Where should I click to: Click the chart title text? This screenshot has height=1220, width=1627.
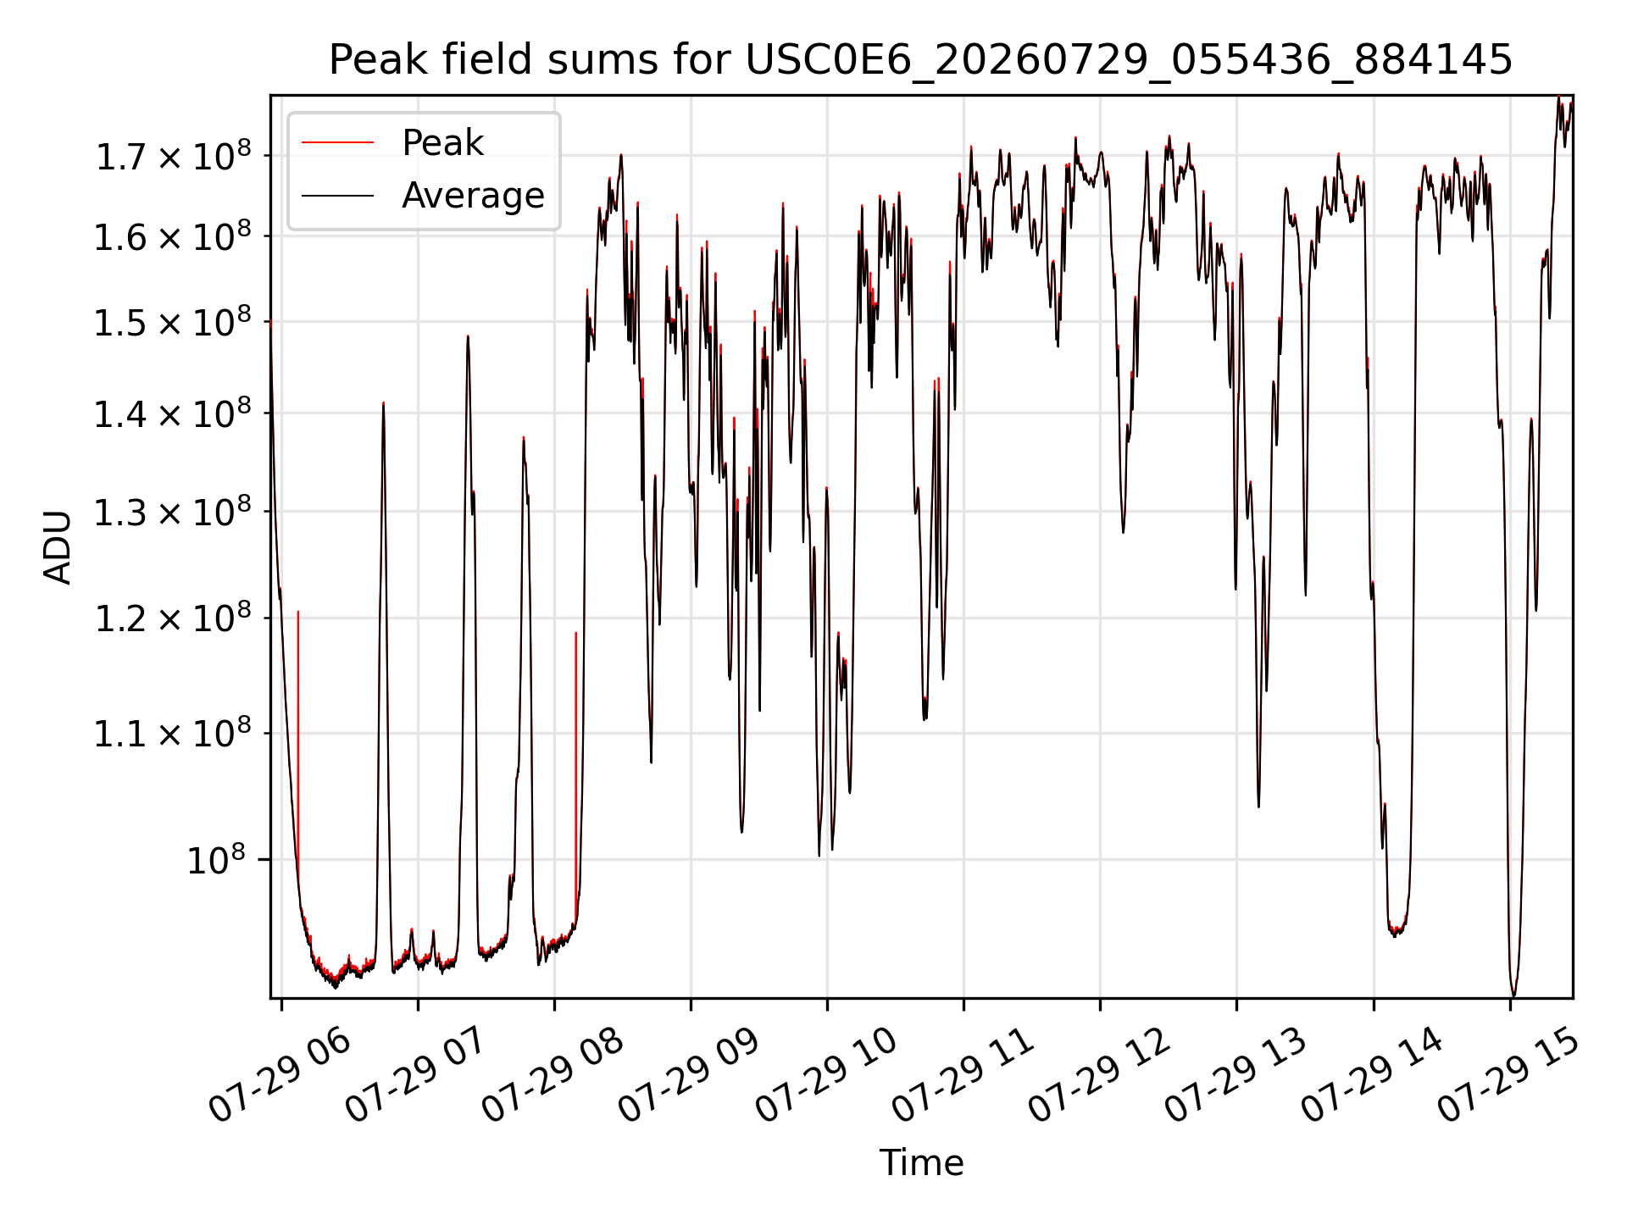(920, 60)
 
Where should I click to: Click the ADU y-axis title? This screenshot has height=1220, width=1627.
(58, 546)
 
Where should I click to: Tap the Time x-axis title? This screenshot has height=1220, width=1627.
(921, 1163)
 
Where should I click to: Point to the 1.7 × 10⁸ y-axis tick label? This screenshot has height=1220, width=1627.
(173, 157)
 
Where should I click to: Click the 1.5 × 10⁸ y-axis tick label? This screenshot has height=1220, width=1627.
(173, 323)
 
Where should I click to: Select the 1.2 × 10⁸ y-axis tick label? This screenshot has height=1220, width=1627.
(173, 619)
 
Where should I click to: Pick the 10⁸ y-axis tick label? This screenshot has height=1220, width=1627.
(216, 861)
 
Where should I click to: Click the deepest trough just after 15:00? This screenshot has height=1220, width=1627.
(1514, 995)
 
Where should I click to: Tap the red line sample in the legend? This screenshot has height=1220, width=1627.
(337, 143)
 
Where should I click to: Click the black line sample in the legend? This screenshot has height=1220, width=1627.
(337, 196)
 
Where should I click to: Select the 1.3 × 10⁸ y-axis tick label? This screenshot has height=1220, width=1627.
(173, 513)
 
